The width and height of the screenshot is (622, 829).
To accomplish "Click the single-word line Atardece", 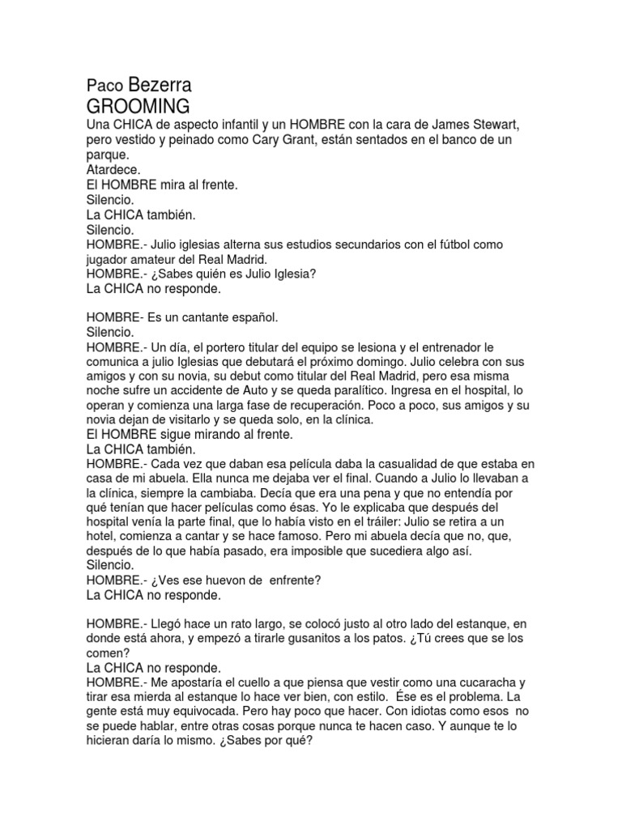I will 113,170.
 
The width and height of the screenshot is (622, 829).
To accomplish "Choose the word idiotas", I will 388,712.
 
